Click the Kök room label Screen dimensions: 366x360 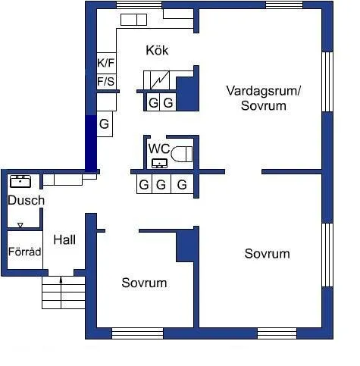[157, 51]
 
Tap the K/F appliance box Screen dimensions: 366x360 [105, 63]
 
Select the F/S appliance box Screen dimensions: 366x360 [105, 81]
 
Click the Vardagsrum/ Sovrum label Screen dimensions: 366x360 [263, 98]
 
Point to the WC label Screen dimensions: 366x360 [158, 148]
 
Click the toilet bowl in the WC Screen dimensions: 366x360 [181, 155]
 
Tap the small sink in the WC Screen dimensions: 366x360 [159, 162]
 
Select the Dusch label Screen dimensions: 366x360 [26, 201]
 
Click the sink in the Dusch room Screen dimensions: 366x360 [20, 181]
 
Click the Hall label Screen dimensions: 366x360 [64, 239]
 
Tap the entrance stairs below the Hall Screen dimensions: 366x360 [63, 290]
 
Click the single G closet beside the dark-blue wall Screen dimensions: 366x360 [105, 124]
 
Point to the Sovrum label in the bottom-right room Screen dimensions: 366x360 [267, 253]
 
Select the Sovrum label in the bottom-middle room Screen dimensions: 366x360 [144, 283]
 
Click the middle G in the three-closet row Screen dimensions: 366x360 [161, 184]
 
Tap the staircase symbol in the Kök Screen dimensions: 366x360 [160, 80]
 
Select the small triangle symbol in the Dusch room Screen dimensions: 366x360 [20, 225]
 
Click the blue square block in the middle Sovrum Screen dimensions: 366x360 [187, 247]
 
